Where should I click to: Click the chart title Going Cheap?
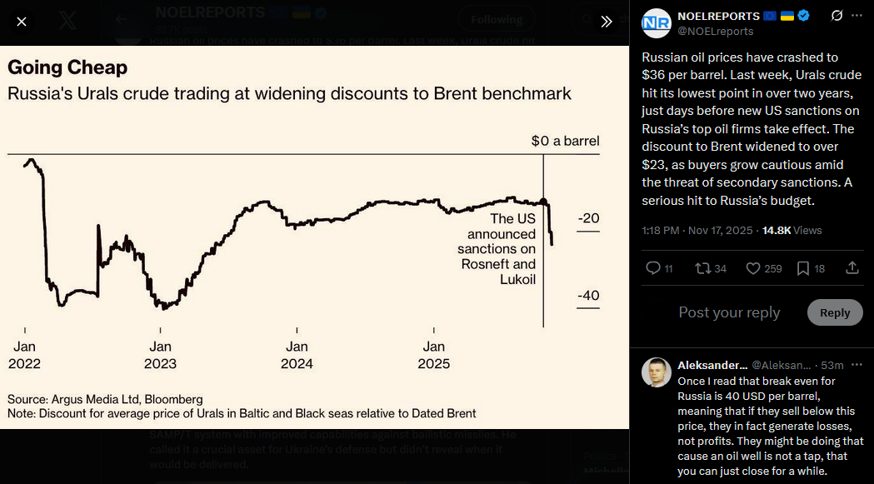[x=67, y=67]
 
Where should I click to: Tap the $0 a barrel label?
[x=565, y=141]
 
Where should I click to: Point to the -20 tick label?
[x=588, y=218]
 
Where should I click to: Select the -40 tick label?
[x=588, y=296]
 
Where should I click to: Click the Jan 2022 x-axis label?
[x=24, y=355]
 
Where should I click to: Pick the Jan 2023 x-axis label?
[x=160, y=355]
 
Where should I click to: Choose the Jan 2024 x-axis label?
[x=297, y=355]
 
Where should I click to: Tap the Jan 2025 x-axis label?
[x=433, y=355]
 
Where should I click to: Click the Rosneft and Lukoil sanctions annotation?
[x=497, y=248]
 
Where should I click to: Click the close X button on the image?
[x=22, y=22]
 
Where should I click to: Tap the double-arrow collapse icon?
[x=607, y=22]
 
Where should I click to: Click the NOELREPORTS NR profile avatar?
[x=656, y=23]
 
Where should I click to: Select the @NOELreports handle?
[x=715, y=32]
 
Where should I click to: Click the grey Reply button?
[x=835, y=312]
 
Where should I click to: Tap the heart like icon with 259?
[x=752, y=268]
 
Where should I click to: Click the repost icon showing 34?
[x=703, y=268]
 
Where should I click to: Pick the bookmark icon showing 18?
[x=803, y=268]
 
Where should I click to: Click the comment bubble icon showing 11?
[x=653, y=268]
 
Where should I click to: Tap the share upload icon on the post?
[x=852, y=267]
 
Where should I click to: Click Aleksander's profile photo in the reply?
[x=656, y=372]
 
